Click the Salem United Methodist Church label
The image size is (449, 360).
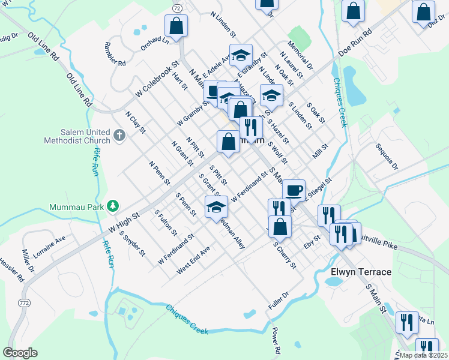pyautogui.click(x=77, y=136)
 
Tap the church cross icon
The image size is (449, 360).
pyautogui.click(x=119, y=135)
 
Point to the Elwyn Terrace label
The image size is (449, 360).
pyautogui.click(x=361, y=272)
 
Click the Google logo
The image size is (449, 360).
pyautogui.click(x=20, y=353)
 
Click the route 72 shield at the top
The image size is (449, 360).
pyautogui.click(x=177, y=8)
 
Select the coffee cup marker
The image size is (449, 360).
pyautogui.click(x=294, y=190)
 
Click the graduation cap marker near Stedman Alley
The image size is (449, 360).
pyautogui.click(x=216, y=206)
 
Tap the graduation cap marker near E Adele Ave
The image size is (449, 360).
pyautogui.click(x=241, y=55)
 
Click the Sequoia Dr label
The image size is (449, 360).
pyautogui.click(x=387, y=156)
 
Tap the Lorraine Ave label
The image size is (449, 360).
pyautogui.click(x=49, y=247)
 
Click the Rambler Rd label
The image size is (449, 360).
pyautogui.click(x=114, y=54)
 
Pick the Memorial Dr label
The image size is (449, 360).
pyautogui.click(x=300, y=56)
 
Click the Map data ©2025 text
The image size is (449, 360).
pyautogui.click(x=423, y=355)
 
